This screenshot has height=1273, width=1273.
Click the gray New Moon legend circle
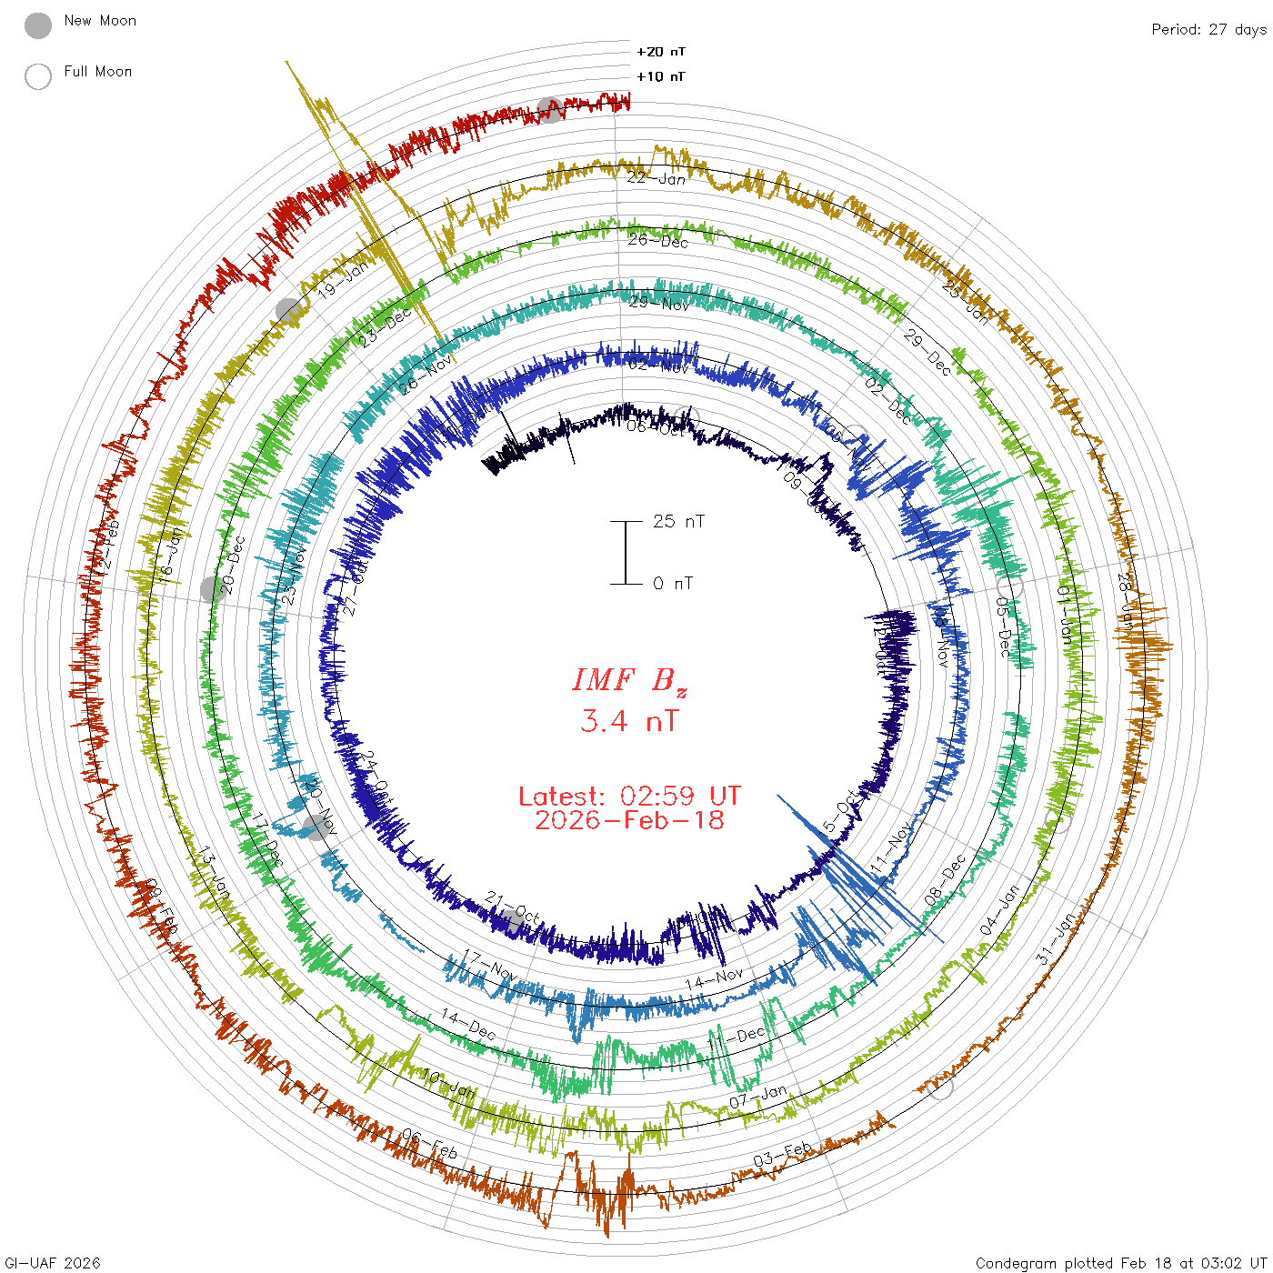point(38,26)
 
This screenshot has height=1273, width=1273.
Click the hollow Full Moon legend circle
point(38,76)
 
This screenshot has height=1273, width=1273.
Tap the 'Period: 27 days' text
point(1208,29)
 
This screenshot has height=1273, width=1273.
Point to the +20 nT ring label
point(661,52)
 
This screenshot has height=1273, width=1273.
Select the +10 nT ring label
point(661,76)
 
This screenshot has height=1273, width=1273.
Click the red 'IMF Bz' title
point(629,680)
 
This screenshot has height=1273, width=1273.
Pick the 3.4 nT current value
point(629,721)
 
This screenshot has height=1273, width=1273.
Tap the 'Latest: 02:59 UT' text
point(629,797)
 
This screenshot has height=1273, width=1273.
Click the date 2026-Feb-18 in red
point(629,820)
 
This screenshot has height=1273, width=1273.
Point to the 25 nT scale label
point(678,521)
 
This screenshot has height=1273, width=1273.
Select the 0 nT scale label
point(673,583)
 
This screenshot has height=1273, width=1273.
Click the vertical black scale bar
point(626,552)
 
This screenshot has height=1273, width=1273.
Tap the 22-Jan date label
point(657,178)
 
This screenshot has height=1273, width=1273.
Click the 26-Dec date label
point(658,240)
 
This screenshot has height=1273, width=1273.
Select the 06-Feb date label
point(430,1145)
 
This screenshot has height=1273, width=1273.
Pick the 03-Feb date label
point(783,1153)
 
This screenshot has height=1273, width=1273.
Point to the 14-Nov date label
point(714,979)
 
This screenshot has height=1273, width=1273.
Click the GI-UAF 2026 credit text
point(53,1263)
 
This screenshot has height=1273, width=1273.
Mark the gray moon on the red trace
point(549,109)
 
